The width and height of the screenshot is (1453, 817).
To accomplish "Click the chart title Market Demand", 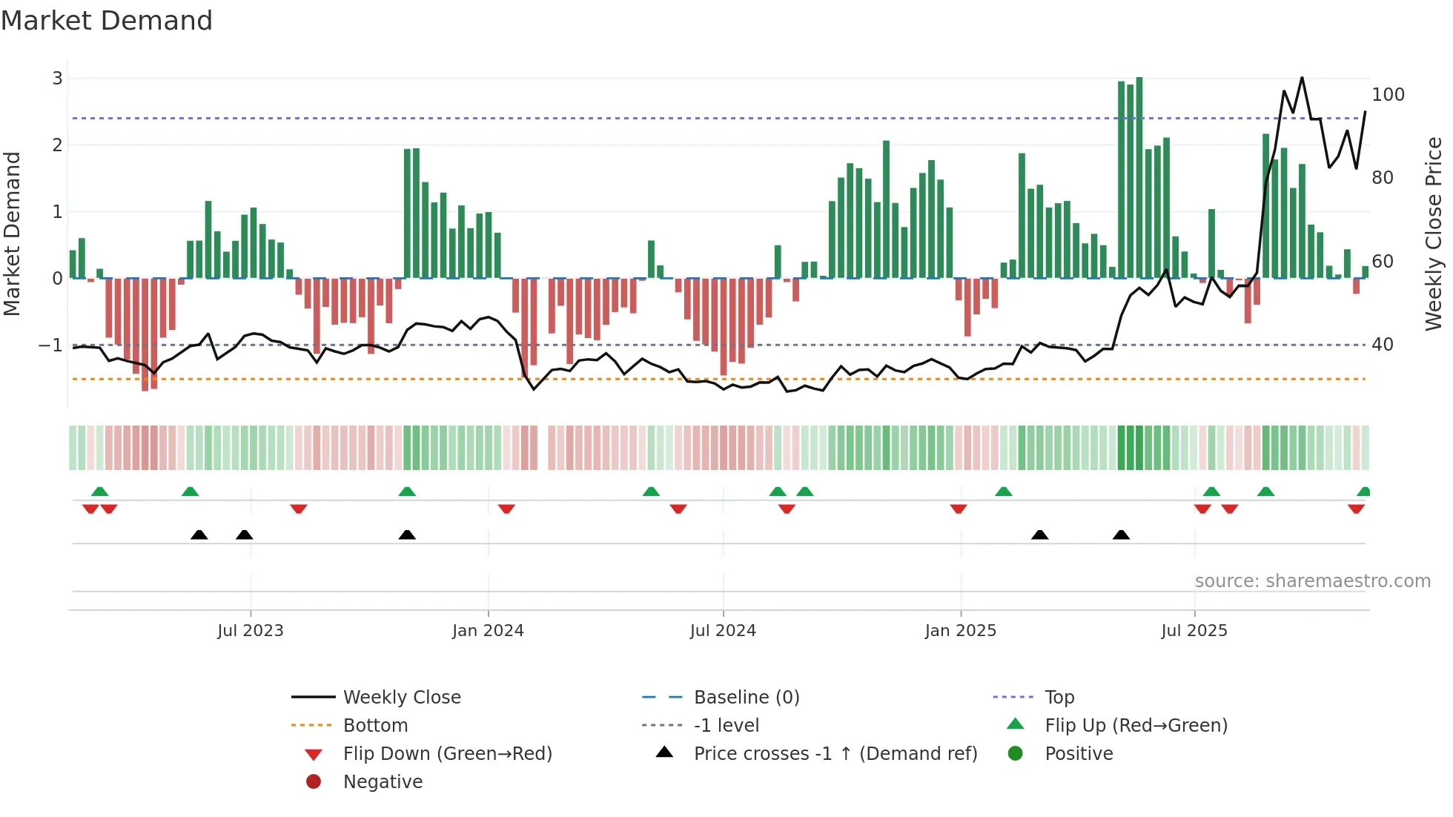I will [x=107, y=21].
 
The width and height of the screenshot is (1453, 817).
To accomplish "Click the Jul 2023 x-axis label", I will [x=250, y=631].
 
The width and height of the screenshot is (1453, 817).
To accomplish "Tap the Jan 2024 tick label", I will [x=488, y=631].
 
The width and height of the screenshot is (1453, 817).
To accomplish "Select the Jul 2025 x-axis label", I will [x=1194, y=631].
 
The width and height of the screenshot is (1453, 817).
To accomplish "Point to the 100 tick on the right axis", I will [x=1388, y=95].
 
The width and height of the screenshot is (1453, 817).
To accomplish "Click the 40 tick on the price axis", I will [x=1382, y=345].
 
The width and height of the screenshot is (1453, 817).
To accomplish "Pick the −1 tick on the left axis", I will [x=50, y=345].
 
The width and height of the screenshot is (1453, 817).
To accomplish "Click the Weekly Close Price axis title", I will [x=1434, y=234].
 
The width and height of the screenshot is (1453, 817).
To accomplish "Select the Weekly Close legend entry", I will [x=401, y=698].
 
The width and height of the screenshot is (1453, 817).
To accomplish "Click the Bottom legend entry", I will [x=375, y=726].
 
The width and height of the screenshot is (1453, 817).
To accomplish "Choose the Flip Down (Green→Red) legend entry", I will [x=447, y=754].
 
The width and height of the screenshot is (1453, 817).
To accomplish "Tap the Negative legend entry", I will [x=383, y=782].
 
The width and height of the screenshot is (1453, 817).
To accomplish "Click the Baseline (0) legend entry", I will [x=746, y=698].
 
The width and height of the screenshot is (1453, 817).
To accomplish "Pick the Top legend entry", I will [x=1059, y=698].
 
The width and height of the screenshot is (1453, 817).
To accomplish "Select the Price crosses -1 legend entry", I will [x=835, y=754].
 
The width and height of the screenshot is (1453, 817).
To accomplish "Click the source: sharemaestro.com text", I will [x=1312, y=581].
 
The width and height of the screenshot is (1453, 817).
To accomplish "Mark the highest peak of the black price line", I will [x=1302, y=78].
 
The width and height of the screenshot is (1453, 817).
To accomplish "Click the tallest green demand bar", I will [x=1139, y=178].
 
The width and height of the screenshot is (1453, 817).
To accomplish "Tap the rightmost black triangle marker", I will [x=1121, y=535].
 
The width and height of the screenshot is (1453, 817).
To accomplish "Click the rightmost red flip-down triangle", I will [x=1356, y=509].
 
